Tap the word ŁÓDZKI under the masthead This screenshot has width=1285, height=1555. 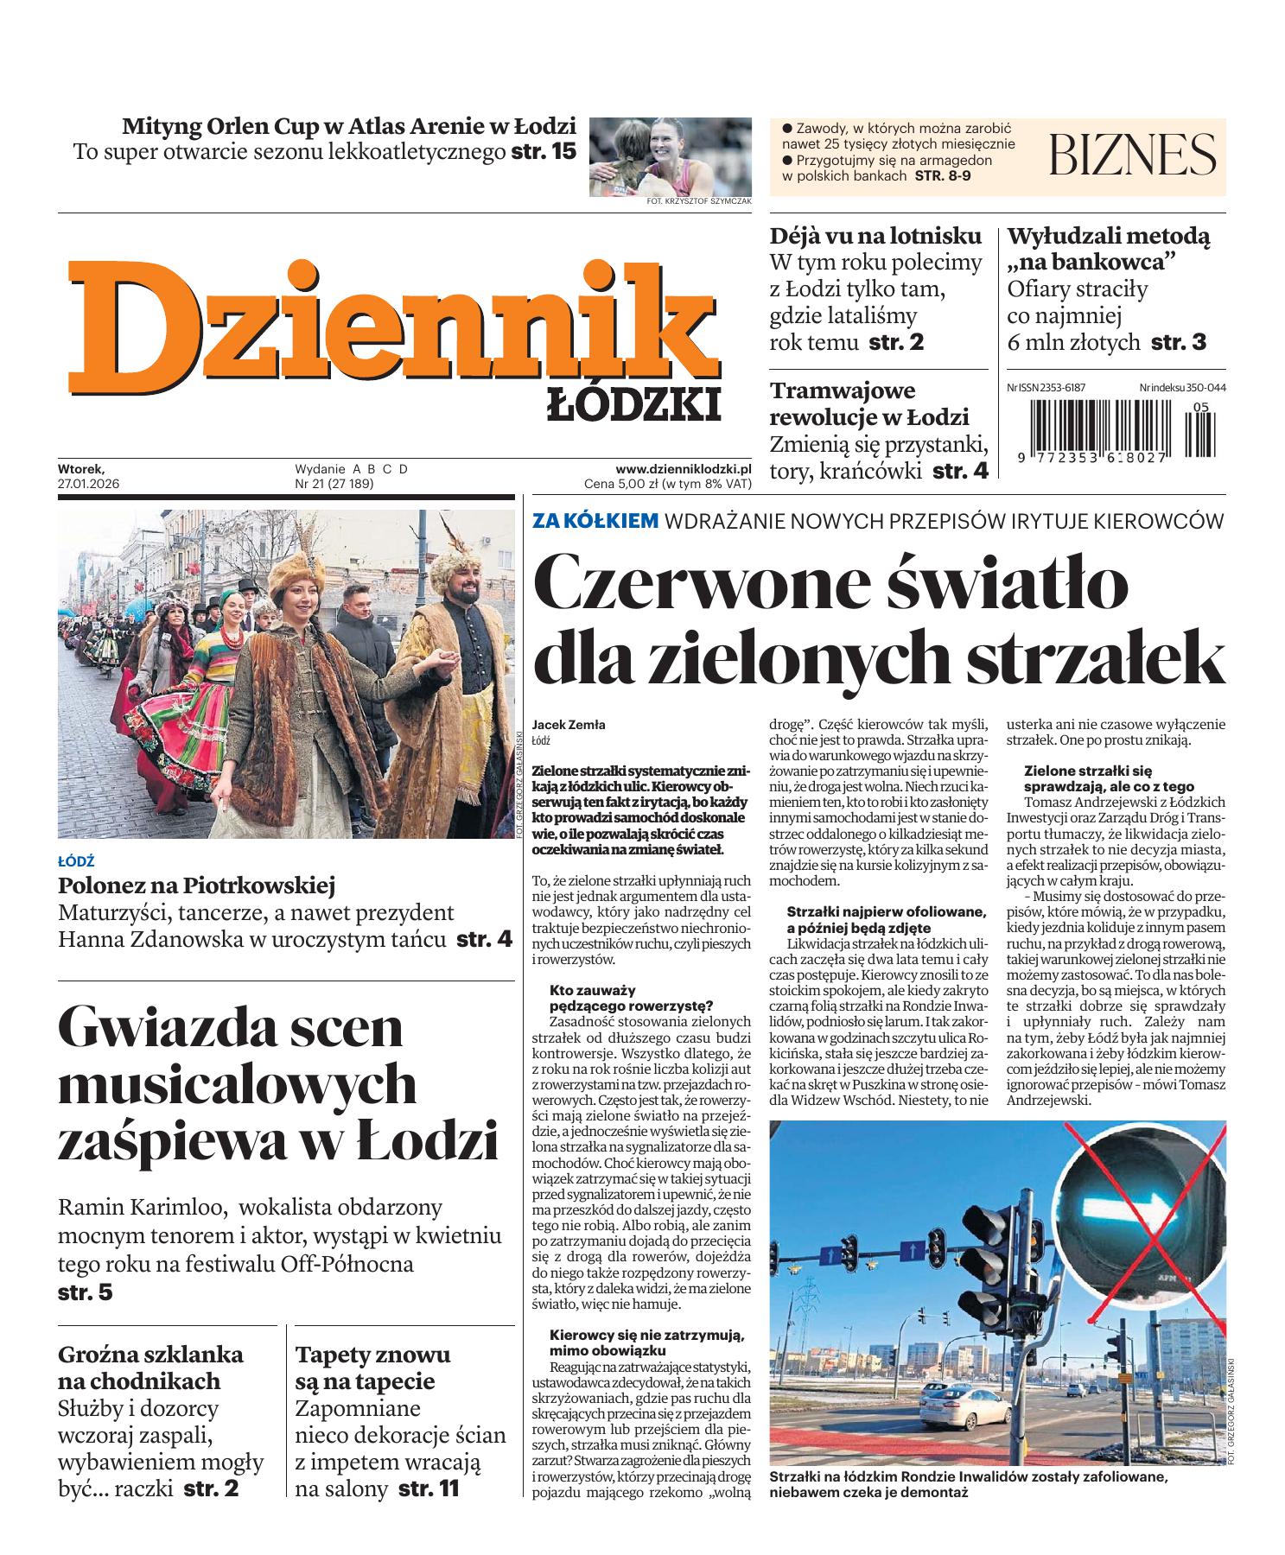click(633, 404)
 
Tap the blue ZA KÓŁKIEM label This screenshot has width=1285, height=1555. click(595, 521)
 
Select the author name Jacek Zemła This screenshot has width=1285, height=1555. click(569, 725)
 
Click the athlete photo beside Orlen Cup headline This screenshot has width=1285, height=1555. click(670, 155)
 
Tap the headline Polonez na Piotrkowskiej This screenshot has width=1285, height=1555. click(196, 885)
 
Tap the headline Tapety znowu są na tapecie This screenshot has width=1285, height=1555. click(372, 1367)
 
